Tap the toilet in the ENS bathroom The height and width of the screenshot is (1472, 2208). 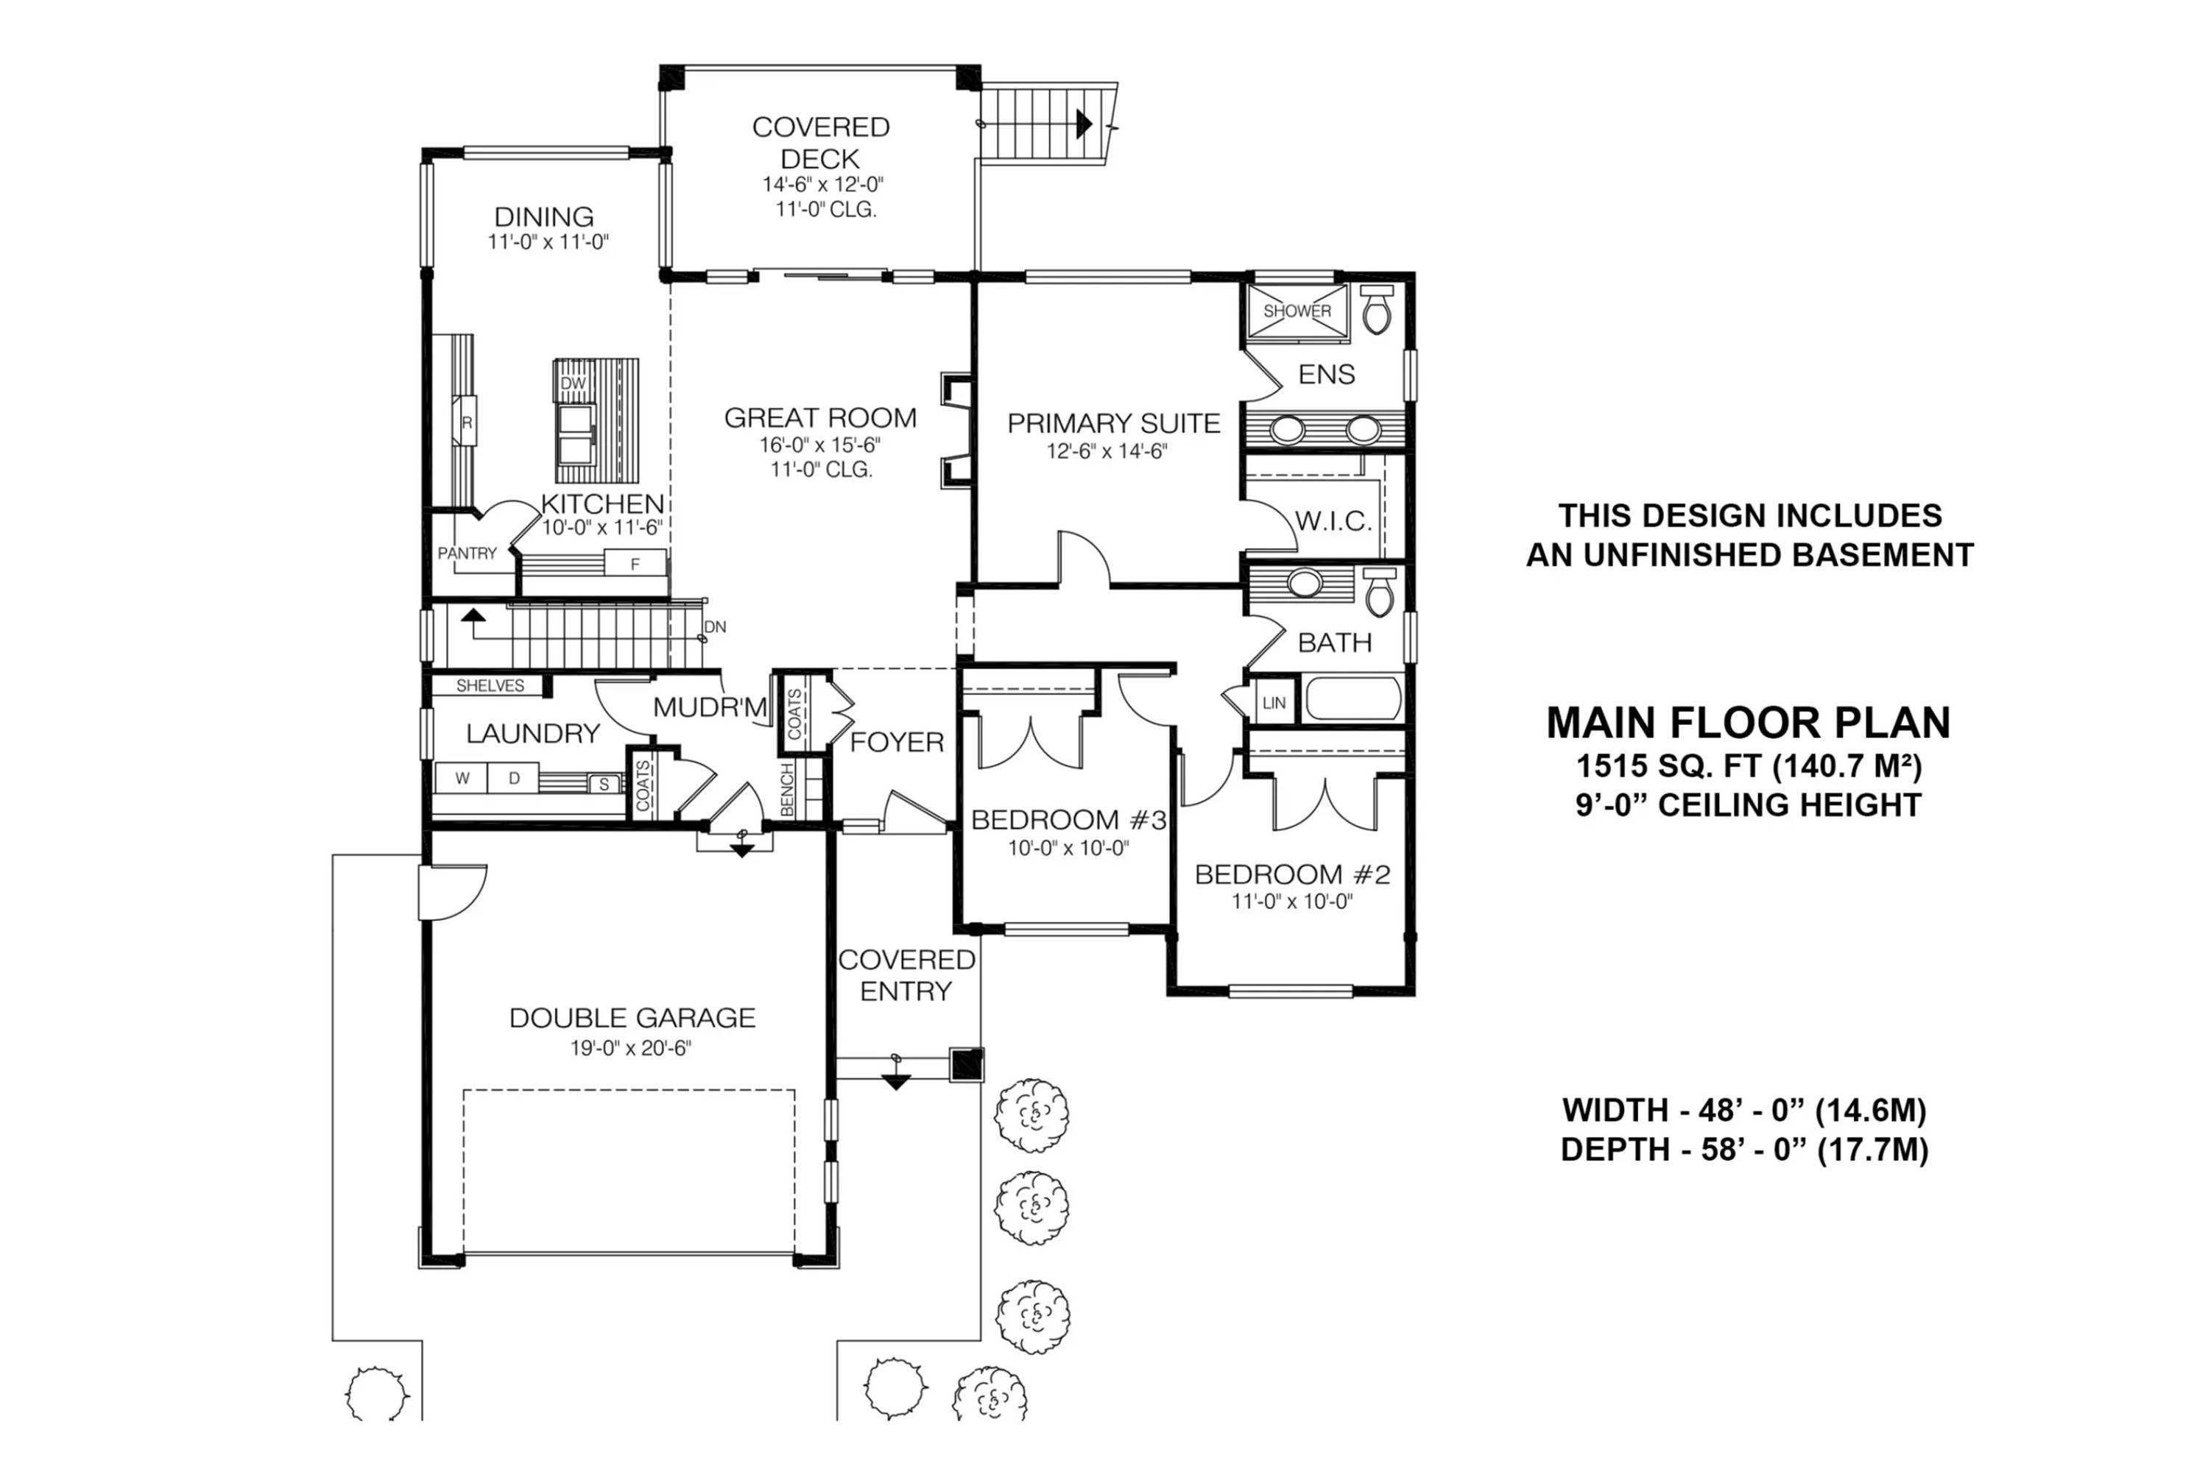coord(1376,310)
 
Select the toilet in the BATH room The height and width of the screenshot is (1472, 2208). coord(1379,592)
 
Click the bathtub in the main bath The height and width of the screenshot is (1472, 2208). coord(1352,699)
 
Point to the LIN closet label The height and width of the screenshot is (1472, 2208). coord(1274,703)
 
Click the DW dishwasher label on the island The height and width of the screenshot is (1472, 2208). coord(573,383)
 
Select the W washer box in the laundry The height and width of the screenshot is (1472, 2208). coord(462,778)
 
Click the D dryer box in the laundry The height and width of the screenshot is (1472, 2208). coord(514,778)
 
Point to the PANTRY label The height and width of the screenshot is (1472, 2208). coord(467,553)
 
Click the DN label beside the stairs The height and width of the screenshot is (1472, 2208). coord(715,626)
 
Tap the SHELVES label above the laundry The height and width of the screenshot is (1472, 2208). coord(490,685)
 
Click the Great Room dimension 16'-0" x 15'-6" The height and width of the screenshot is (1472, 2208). coord(820,444)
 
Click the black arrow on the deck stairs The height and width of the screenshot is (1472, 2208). coord(1084,123)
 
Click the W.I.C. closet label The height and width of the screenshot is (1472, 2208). coord(1333,521)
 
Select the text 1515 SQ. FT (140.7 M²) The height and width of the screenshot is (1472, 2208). coord(1748,766)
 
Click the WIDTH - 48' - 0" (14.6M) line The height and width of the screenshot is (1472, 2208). coord(1744,1111)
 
